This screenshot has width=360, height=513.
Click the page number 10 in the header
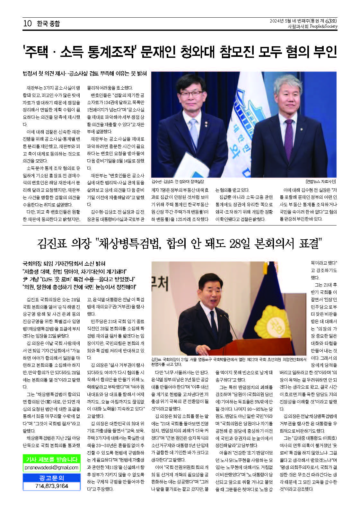27,23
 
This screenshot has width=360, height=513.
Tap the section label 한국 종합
48,23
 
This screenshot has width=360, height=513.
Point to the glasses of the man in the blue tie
191,94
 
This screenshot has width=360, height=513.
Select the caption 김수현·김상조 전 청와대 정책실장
178,181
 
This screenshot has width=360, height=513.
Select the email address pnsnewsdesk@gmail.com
51,467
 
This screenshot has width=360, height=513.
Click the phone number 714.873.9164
51,486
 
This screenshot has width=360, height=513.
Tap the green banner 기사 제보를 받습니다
51,459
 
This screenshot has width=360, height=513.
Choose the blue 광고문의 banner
51,478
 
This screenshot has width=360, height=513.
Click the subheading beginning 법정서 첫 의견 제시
84,74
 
